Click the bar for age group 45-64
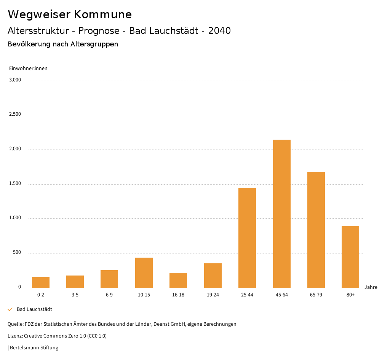point(281,213)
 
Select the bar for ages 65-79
point(316,230)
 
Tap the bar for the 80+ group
point(350,257)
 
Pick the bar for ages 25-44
point(247,238)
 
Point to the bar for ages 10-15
point(144,272)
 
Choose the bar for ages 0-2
point(41,282)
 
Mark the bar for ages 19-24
point(213,276)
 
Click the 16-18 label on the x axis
point(178,295)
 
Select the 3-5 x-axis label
point(75,295)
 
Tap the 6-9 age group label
point(109,295)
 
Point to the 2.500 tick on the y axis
point(14,114)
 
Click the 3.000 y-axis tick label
point(14,80)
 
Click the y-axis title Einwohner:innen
point(28,68)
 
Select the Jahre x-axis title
point(371,287)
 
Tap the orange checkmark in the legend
point(10,309)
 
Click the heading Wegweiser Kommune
point(70,14)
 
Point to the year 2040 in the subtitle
point(219,31)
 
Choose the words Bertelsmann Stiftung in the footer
point(34,347)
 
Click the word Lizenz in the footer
point(15,336)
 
